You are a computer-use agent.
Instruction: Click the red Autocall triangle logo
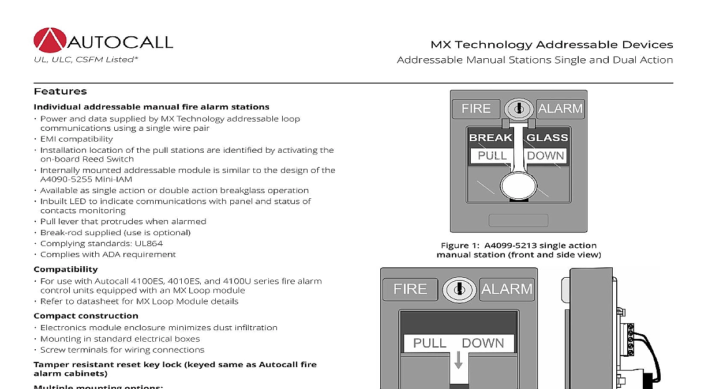tap(50, 40)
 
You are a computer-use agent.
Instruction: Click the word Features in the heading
tap(60, 91)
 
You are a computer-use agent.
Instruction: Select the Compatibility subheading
tap(65, 269)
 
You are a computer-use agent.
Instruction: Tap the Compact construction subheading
tap(85, 316)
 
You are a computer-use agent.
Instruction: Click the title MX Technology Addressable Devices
tap(552, 44)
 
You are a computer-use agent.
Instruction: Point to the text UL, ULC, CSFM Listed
tap(86, 59)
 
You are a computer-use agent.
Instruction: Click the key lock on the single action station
tap(519, 108)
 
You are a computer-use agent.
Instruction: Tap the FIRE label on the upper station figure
tap(476, 108)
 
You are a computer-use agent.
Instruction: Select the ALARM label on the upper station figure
tap(560, 108)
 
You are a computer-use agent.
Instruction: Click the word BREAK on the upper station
tap(490, 138)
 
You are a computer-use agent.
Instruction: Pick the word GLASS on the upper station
tap(547, 138)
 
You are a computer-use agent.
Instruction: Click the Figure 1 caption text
tap(518, 250)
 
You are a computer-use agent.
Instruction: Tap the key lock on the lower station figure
tap(459, 289)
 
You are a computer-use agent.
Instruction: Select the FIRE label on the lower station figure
tap(410, 289)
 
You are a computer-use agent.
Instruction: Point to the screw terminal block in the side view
tap(630, 339)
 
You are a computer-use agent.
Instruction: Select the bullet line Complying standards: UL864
tap(102, 243)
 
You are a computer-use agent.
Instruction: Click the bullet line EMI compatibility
tap(77, 139)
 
